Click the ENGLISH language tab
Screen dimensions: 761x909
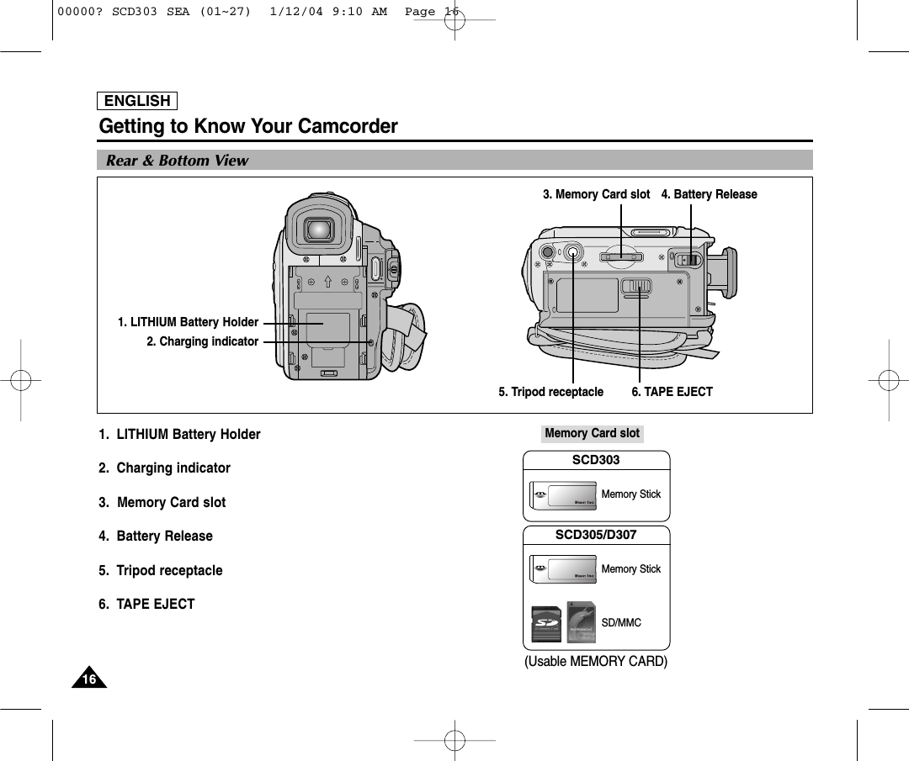137,101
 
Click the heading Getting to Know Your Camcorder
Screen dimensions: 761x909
248,127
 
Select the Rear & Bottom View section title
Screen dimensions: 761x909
178,161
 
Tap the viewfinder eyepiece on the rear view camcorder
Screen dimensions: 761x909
317,228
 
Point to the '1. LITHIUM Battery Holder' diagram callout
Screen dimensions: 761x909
188,322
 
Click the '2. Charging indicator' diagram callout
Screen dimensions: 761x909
202,341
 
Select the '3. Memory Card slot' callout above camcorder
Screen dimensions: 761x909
596,194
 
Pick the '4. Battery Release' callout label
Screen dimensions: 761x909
709,194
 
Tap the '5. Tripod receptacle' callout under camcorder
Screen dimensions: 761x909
550,392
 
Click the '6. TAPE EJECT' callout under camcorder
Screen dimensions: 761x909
672,392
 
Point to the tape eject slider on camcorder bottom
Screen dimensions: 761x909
637,287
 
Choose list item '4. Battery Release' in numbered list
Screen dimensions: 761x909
156,536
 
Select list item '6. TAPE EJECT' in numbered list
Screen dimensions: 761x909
146,604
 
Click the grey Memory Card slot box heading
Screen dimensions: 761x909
592,433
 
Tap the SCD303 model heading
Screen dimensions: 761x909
596,460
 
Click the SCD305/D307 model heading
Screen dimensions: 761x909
596,535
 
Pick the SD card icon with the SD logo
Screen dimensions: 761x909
548,623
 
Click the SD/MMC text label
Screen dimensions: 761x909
621,623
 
